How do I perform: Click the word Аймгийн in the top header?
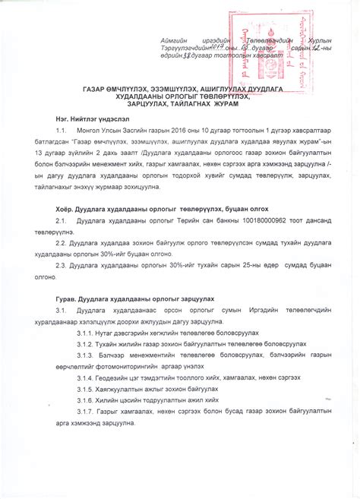click(x=175, y=39)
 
